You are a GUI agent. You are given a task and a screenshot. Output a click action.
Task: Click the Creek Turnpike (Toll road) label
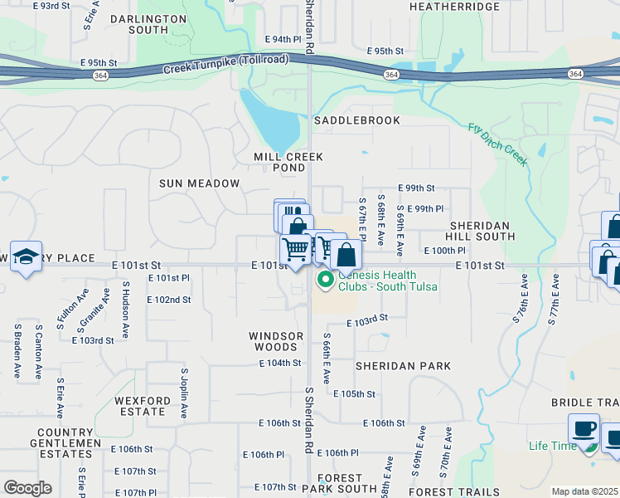pyautogui.click(x=225, y=66)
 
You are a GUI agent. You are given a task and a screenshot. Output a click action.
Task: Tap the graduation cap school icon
pyautogui.click(x=26, y=256)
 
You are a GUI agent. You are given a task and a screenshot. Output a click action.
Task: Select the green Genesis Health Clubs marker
pyautogui.click(x=326, y=281)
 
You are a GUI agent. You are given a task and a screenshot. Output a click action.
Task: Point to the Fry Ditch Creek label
pyautogui.click(x=498, y=144)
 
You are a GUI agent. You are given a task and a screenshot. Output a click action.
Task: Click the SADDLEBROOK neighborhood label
pyautogui.click(x=356, y=120)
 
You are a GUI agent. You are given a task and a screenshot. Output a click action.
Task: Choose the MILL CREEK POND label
pyautogui.click(x=288, y=162)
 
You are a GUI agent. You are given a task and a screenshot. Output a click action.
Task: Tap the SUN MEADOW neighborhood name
pyautogui.click(x=199, y=183)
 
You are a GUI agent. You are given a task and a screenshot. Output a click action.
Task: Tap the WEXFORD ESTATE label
pyautogui.click(x=143, y=406)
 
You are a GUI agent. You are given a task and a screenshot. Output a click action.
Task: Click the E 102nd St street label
pyautogui.click(x=169, y=300)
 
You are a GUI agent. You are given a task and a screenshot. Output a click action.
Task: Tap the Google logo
pyautogui.click(x=27, y=488)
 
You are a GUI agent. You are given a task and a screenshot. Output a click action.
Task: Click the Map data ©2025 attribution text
pyautogui.click(x=584, y=491)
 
